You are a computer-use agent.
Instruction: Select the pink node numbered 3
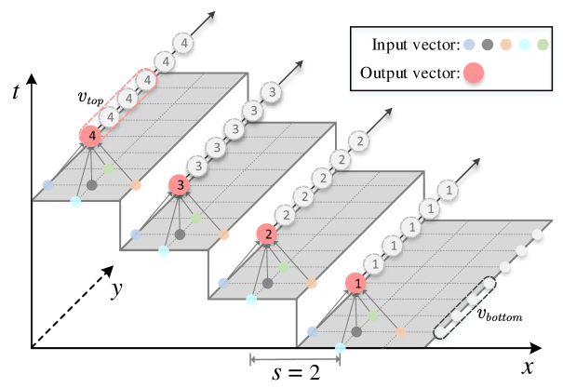coord(180,184)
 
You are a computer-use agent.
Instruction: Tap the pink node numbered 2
coord(268,234)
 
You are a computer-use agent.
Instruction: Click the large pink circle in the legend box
coord(474,73)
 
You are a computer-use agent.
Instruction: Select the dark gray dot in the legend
coord(488,44)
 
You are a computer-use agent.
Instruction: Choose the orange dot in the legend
coord(506,44)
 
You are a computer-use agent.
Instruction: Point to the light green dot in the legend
coord(543,44)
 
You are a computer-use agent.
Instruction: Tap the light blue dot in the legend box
coord(469,44)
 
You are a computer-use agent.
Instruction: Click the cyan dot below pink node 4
coord(75,201)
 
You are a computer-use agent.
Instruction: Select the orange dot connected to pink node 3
coord(224,234)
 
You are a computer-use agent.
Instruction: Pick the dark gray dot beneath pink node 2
coord(268,283)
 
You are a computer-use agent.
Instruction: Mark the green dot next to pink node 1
coord(373,316)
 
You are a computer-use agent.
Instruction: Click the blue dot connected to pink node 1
coord(312,331)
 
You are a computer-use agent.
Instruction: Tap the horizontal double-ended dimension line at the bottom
coord(294,360)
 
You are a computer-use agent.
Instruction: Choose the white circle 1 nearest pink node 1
coord(376,264)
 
